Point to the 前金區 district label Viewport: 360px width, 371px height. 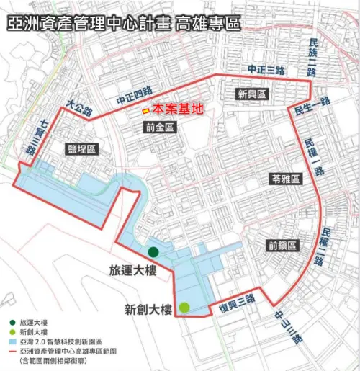click(159, 128)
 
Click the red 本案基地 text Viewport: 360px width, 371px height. click(178, 109)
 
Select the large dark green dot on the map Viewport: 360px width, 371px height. click(153, 251)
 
